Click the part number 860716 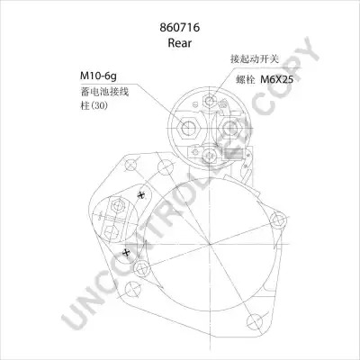(180, 28)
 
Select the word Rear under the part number (179, 43)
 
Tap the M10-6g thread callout (98, 76)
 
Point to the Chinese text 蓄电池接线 (104, 92)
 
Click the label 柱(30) (94, 105)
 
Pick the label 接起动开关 (255, 58)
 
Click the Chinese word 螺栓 (246, 79)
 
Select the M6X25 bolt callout (276, 79)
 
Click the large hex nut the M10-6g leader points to (189, 129)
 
